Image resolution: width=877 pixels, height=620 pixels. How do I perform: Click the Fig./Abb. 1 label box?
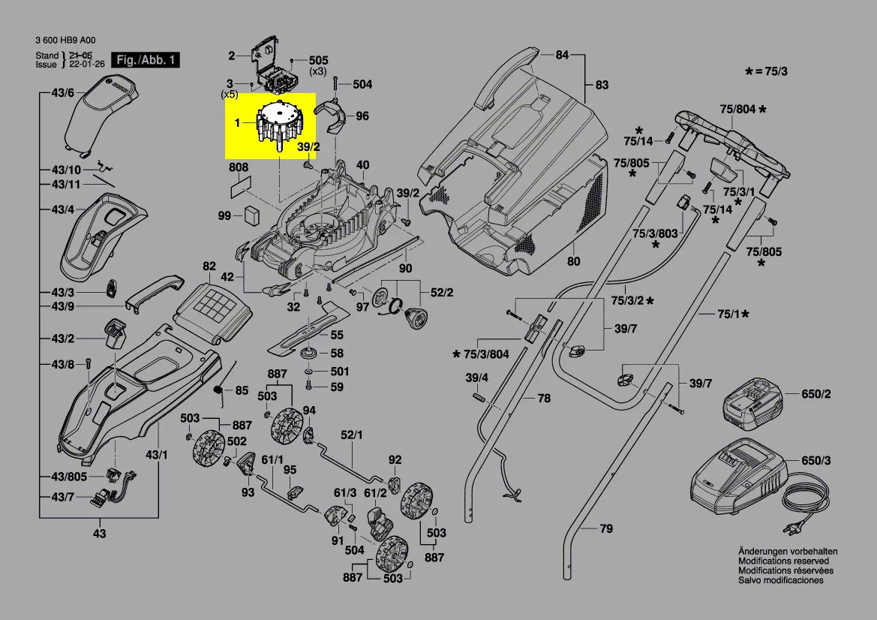point(146,60)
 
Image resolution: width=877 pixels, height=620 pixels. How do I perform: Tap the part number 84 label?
point(562,55)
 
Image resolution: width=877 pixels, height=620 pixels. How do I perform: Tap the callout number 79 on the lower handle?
point(606,529)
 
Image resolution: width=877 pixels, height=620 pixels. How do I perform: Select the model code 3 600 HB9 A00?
point(65,41)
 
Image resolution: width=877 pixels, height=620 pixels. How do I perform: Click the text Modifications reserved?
point(783,561)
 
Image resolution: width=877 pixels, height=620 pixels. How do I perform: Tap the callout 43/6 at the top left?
point(63,93)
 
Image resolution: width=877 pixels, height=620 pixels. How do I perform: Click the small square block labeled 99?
point(250,215)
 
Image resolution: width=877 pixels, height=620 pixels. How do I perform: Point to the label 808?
point(239,167)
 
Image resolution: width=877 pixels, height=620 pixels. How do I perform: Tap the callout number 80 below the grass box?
point(573,262)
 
